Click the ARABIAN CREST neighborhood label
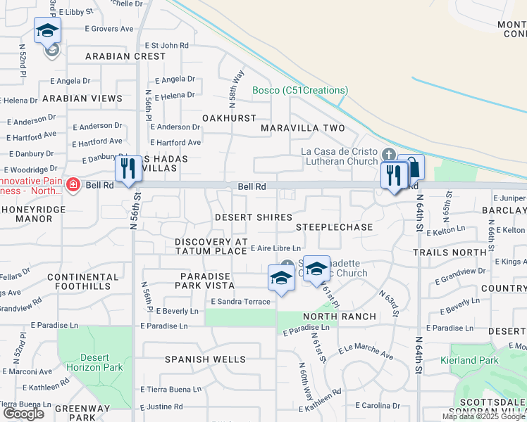125,56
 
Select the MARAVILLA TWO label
303,128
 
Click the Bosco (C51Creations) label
301,90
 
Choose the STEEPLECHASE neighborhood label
334,227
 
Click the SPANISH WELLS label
206,359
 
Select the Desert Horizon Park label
94,362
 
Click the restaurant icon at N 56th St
128,169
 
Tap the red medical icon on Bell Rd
73,185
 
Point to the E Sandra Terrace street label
240,302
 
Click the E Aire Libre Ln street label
276,248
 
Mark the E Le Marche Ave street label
366,352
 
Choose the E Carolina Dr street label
378,406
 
